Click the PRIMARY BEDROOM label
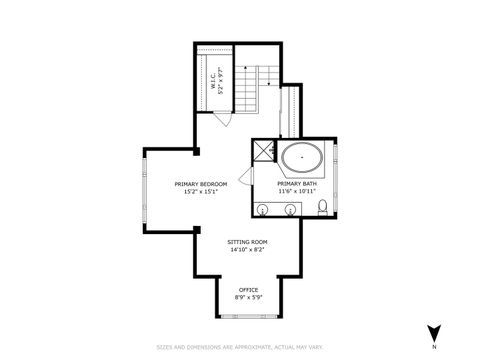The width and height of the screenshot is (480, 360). [x=201, y=184]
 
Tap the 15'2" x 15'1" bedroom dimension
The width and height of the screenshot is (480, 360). [x=201, y=192]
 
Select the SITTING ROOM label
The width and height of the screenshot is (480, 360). [x=247, y=242]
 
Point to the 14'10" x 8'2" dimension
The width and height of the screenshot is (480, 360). [x=247, y=250]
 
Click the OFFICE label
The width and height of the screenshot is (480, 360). [x=247, y=290]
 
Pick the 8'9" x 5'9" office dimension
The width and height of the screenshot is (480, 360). [x=247, y=298]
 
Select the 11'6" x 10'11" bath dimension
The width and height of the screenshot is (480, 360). [x=297, y=191]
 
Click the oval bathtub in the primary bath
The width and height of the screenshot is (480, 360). [x=300, y=158]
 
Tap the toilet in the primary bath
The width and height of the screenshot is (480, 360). [x=323, y=208]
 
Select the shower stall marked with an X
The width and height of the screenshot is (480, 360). [x=263, y=152]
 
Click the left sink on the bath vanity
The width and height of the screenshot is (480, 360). [x=264, y=209]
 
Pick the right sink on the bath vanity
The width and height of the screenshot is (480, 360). [x=290, y=209]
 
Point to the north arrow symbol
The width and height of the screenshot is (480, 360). [x=433, y=332]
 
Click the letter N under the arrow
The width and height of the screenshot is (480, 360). [x=433, y=347]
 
